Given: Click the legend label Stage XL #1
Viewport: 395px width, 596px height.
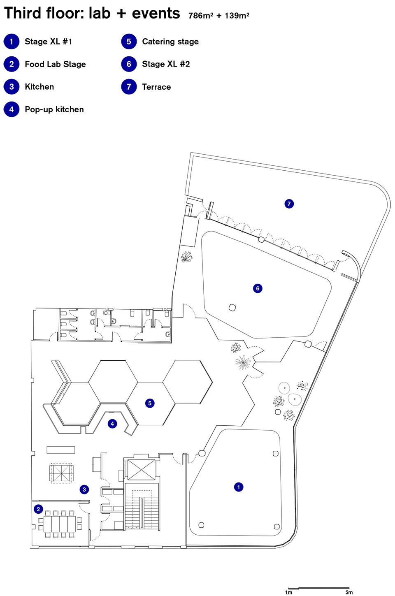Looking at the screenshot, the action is click(48, 42).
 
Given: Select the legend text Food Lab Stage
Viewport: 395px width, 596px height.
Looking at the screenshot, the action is click(56, 64).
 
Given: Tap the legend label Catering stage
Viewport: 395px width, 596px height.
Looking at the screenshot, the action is click(170, 42).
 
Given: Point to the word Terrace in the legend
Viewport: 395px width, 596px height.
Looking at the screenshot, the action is click(156, 87).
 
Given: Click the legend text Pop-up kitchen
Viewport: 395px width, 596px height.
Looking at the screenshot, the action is click(54, 109).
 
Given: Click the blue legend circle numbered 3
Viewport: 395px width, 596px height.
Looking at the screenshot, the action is click(12, 87).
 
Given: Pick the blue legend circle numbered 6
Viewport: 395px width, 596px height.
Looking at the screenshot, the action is click(129, 64).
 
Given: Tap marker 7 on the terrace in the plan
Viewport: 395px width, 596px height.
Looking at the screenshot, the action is click(289, 204).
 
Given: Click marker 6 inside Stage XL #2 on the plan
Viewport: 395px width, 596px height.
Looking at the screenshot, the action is click(258, 288).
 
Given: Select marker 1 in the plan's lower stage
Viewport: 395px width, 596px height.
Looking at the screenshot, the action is click(239, 487).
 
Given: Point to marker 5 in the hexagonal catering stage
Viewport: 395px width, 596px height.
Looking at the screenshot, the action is click(150, 403).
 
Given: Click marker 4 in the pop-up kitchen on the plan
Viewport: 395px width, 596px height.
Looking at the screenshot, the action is click(112, 424).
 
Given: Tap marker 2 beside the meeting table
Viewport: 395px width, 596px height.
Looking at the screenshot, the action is click(38, 509).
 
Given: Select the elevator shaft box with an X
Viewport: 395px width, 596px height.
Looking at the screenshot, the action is click(142, 470).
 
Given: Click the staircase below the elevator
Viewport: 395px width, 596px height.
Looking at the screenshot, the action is click(142, 506).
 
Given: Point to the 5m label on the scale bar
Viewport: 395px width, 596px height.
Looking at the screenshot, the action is click(349, 592).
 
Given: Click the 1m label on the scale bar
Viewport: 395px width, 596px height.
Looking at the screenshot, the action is click(288, 592).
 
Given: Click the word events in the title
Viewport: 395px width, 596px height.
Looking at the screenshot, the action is click(156, 13).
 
